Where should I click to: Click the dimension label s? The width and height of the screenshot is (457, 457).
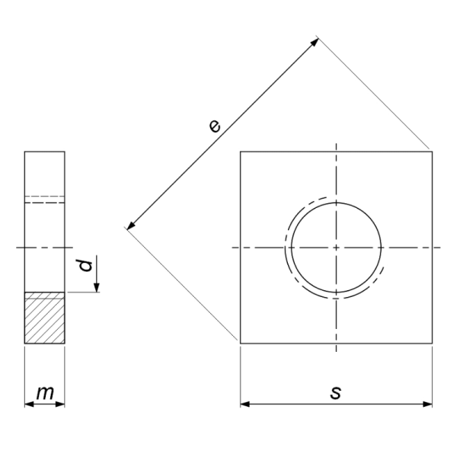tap(336, 392)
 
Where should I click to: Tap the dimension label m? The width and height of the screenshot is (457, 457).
tap(45, 393)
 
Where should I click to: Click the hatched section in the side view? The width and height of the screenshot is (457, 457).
tap(45, 318)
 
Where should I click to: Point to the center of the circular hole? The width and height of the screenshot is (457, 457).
tap(336, 248)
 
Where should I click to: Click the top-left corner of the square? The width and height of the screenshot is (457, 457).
tap(241, 152)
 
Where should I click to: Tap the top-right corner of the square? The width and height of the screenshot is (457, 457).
tap(433, 152)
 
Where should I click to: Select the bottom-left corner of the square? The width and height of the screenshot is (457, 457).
tap(241, 344)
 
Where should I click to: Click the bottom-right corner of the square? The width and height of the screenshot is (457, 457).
tap(433, 344)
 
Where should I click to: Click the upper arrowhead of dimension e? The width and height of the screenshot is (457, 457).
tap(315, 41)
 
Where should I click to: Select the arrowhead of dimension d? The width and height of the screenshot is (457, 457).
tap(97, 287)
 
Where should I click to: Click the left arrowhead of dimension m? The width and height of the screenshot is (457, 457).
tap(28, 404)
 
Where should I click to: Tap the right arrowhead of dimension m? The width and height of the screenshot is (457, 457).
tap(61, 404)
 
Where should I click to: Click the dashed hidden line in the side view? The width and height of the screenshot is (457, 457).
tap(45, 203)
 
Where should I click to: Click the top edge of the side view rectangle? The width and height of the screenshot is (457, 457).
tap(45, 152)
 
